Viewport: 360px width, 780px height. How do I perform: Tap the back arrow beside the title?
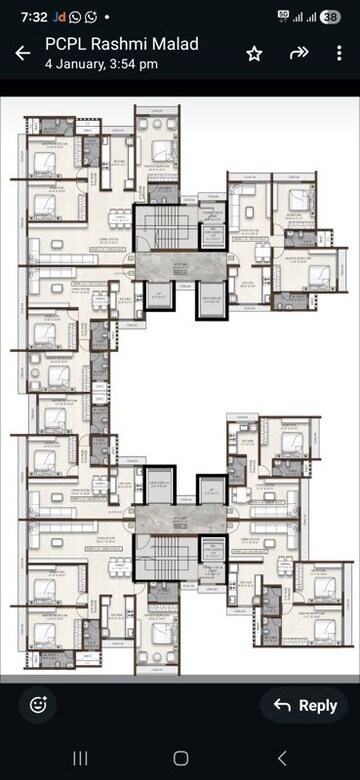click(x=22, y=53)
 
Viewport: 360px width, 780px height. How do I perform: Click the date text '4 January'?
click(x=71, y=64)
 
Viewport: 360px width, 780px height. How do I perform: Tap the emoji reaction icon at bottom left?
click(x=38, y=704)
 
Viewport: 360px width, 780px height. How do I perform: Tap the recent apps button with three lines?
click(x=80, y=758)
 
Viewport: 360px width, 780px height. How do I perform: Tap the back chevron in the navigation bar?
click(x=281, y=758)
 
